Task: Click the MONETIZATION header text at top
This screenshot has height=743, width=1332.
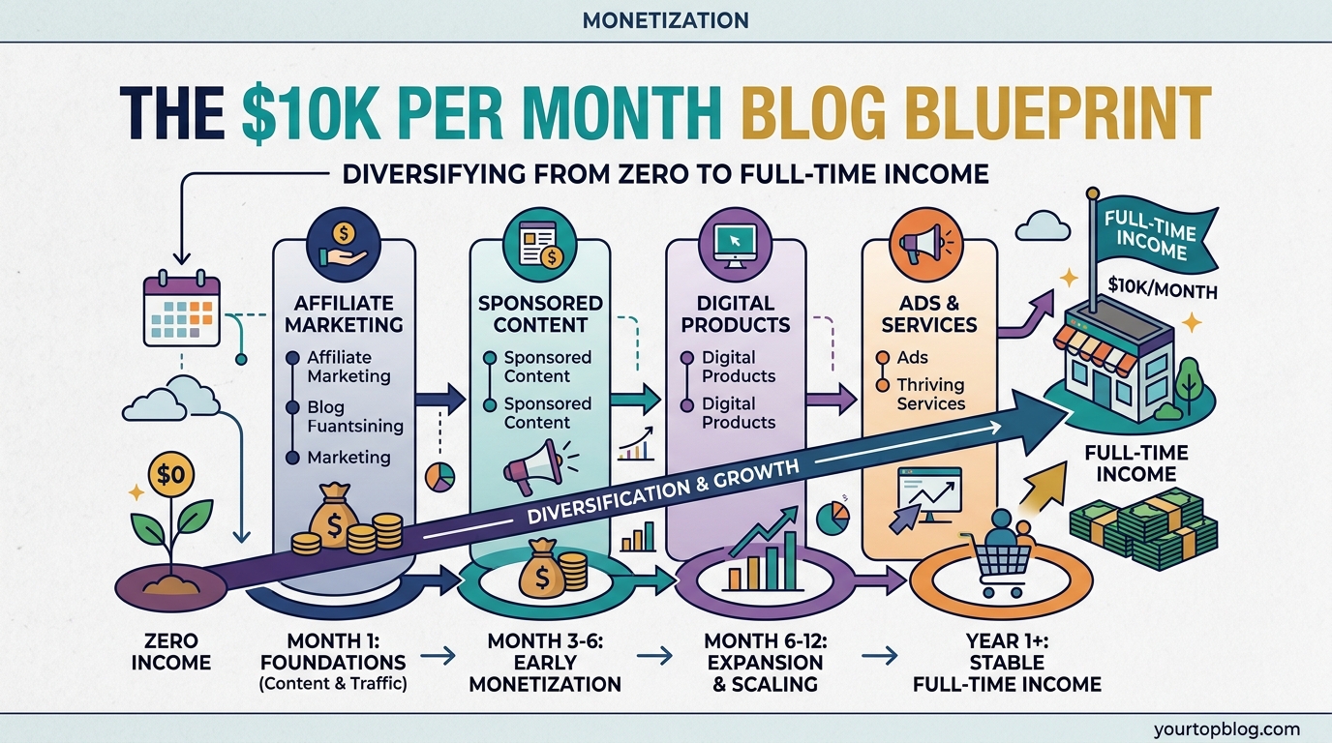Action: coord(665,19)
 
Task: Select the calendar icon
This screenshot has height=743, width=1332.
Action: coord(181,310)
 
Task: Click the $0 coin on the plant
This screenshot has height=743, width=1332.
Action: coord(174,476)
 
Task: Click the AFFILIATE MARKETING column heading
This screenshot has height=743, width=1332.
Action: coord(344,312)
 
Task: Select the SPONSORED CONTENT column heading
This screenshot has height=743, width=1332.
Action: coord(540,313)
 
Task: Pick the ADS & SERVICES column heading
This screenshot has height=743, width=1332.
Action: coord(929,312)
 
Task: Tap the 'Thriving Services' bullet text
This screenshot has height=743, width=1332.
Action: coord(930,395)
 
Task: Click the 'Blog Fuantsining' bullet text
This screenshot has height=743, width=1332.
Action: coord(354,416)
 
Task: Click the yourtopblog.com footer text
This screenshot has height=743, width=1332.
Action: coord(1226,729)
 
